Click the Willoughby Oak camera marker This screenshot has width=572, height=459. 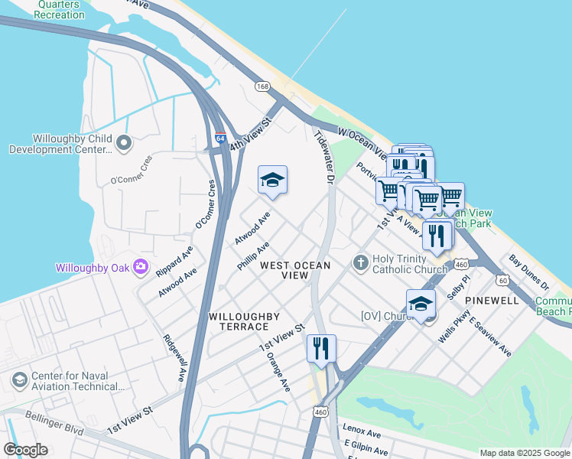[141, 267]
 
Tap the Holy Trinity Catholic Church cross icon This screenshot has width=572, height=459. [361, 263]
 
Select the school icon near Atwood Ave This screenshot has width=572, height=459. [272, 181]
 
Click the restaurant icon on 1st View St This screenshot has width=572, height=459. [321, 348]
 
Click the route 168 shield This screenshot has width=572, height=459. [262, 86]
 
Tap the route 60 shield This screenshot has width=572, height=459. [502, 280]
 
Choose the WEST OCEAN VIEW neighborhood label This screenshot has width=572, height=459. [295, 270]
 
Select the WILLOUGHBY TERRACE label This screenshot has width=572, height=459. [244, 321]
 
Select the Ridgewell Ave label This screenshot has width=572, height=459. [174, 357]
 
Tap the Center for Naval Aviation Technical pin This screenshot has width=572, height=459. [19, 379]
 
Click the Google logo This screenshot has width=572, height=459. [25, 449]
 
